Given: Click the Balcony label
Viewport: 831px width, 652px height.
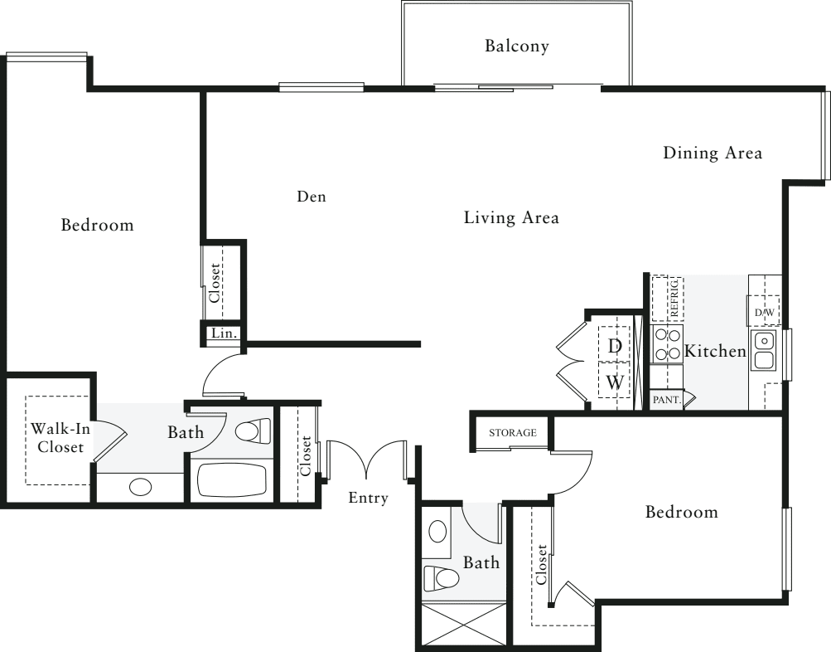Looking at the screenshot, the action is (x=517, y=46).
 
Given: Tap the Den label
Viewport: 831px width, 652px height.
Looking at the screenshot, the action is (x=312, y=197).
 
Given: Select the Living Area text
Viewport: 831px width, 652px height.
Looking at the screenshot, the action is (x=511, y=217).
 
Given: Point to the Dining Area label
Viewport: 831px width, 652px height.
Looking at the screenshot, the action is (x=713, y=153).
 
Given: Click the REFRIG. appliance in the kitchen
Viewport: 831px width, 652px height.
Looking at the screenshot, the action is (x=667, y=299).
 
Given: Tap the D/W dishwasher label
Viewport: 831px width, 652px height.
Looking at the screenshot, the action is (x=764, y=313).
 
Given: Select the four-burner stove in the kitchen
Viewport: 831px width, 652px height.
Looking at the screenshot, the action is (x=667, y=344).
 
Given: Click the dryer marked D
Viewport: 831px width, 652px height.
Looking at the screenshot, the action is (x=614, y=345).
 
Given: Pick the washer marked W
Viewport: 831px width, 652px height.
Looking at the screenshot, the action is (x=614, y=381).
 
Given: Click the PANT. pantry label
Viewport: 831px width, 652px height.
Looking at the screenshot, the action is (x=667, y=400).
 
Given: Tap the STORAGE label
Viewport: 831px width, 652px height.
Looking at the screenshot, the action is (x=513, y=433).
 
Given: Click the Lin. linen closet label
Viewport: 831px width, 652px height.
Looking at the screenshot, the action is (x=224, y=333).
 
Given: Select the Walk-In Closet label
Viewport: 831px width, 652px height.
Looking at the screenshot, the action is (x=60, y=438).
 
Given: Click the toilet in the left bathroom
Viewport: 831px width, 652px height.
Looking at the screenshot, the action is (x=252, y=431).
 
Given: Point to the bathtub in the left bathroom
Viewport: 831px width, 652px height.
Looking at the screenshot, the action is (x=232, y=480).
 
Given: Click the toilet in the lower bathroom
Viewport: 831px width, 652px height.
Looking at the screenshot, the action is (x=441, y=578).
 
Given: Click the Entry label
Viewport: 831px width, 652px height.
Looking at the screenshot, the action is (x=369, y=499).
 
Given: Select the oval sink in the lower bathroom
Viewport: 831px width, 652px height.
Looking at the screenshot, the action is (x=437, y=531).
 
